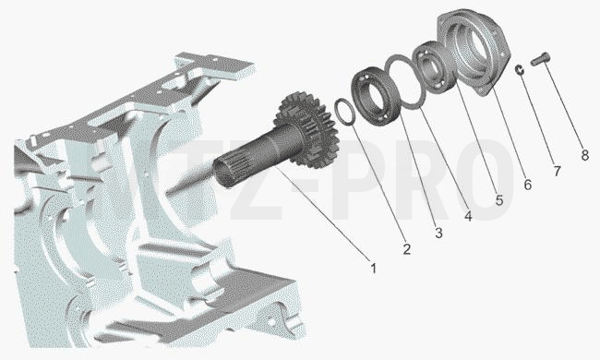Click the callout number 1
pos(374,269)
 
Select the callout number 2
pos(407,249)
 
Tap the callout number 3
pos(438,233)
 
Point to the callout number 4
pos(468,215)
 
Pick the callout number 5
pos(499,199)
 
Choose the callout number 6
pos(527,185)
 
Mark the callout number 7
pos(558,171)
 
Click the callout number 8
pos(584,155)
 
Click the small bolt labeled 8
pos(540,59)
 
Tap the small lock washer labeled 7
pos(520,69)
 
